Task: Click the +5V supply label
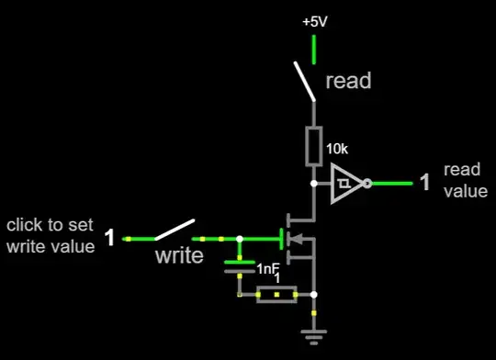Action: [315, 20]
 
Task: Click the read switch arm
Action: [304, 80]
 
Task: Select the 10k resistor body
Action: [315, 144]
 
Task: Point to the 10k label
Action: [339, 147]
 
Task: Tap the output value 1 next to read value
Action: [424, 182]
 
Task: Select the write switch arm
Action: [175, 230]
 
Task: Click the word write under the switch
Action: [178, 255]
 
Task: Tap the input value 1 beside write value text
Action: [109, 239]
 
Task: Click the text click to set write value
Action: [51, 236]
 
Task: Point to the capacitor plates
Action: [240, 266]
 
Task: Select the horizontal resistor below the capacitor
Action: [276, 295]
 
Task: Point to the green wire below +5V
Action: [315, 50]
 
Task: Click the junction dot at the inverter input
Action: [315, 183]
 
